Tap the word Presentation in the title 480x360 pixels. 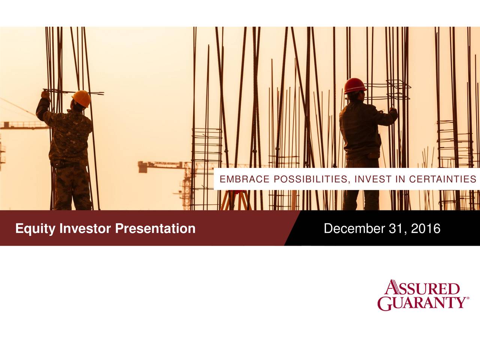coord(155,228)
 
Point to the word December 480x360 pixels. coord(354,228)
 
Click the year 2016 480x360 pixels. coord(426,228)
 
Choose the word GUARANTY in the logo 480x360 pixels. coord(421,303)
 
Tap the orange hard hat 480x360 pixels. coord(82,98)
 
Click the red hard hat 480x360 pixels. coord(355,85)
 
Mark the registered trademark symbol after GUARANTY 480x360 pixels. coord(466,299)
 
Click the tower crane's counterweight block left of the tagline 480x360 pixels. coord(143,167)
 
